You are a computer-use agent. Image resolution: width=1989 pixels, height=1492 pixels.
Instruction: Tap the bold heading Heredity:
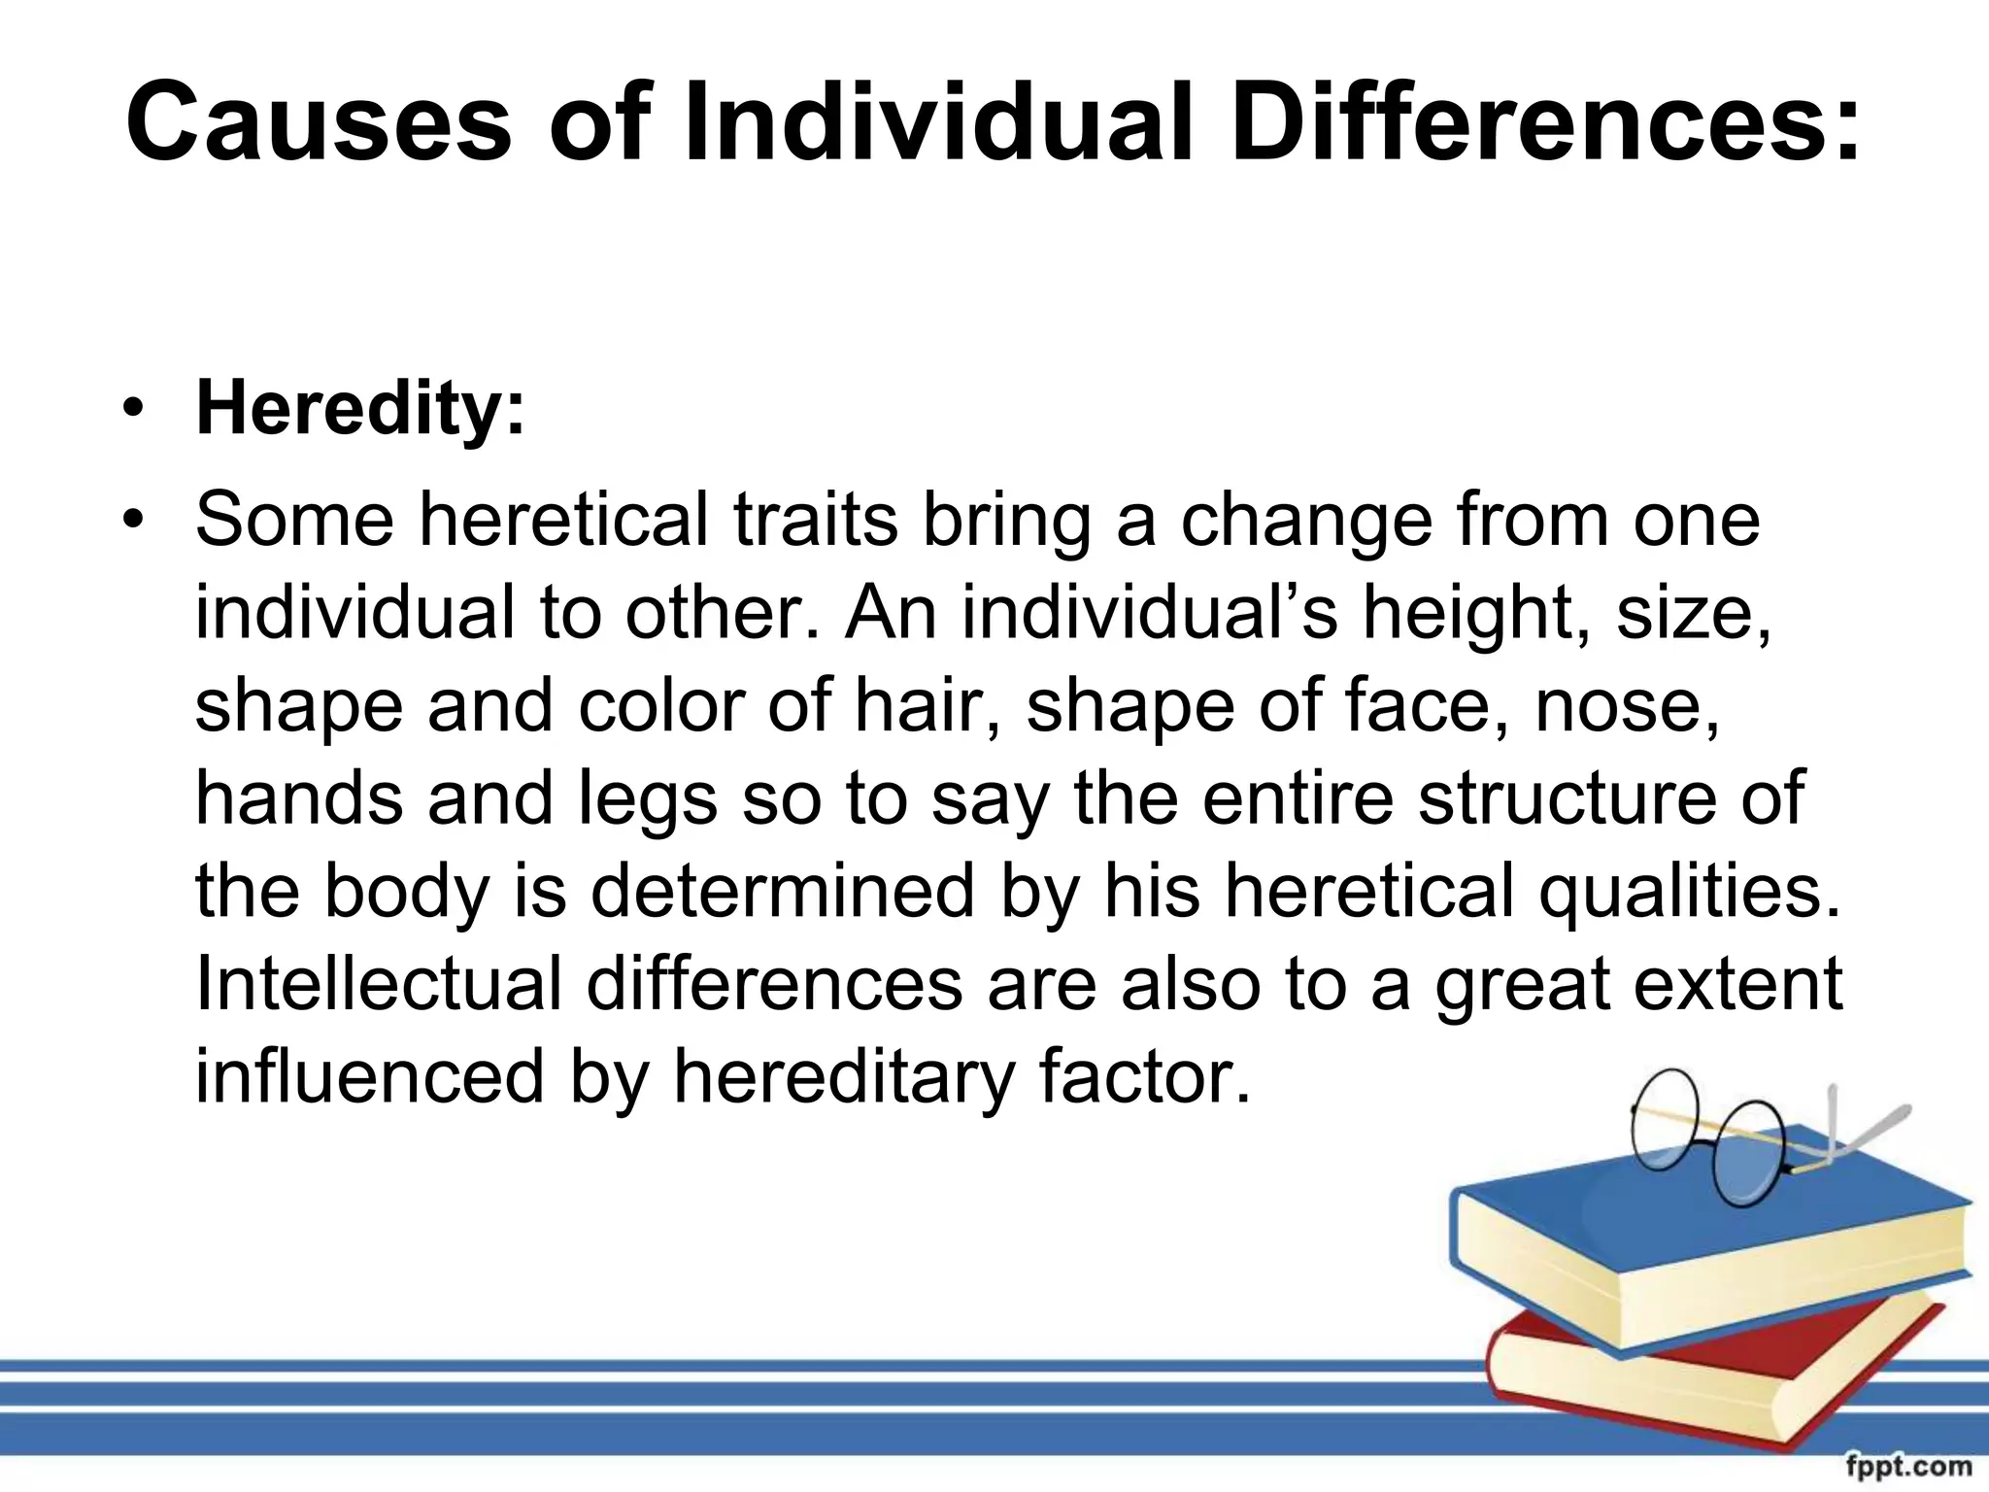tap(360, 409)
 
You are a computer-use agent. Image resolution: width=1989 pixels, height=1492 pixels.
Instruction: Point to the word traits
tap(816, 521)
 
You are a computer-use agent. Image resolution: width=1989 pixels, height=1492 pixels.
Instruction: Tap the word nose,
tap(1627, 707)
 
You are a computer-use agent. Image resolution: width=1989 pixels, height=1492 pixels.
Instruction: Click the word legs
tap(649, 800)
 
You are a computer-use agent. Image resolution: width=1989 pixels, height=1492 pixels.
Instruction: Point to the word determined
tap(782, 891)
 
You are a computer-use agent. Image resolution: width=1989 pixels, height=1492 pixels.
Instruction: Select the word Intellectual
tap(379, 983)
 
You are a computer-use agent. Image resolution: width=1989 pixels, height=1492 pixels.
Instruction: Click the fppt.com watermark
tap(1908, 1466)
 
